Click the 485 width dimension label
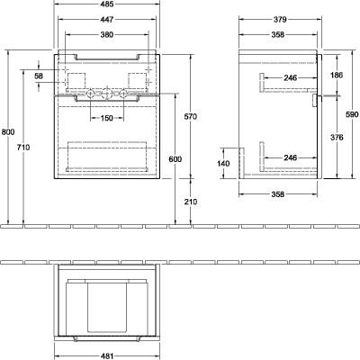(107, 4)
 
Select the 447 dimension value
(107, 20)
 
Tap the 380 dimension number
(107, 35)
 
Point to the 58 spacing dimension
(39, 76)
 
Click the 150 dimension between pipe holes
(107, 118)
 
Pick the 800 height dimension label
(8, 131)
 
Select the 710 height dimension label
(23, 148)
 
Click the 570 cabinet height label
(191, 116)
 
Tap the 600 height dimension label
(175, 159)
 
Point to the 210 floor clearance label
(191, 202)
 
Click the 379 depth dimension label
(280, 20)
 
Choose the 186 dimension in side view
(337, 75)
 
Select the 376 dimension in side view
(337, 138)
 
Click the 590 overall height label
(352, 114)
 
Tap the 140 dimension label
(223, 164)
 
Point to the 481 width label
(107, 356)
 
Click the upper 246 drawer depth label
(290, 78)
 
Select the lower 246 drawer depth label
(290, 157)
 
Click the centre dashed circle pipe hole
(106, 94)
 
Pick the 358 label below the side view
(277, 194)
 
